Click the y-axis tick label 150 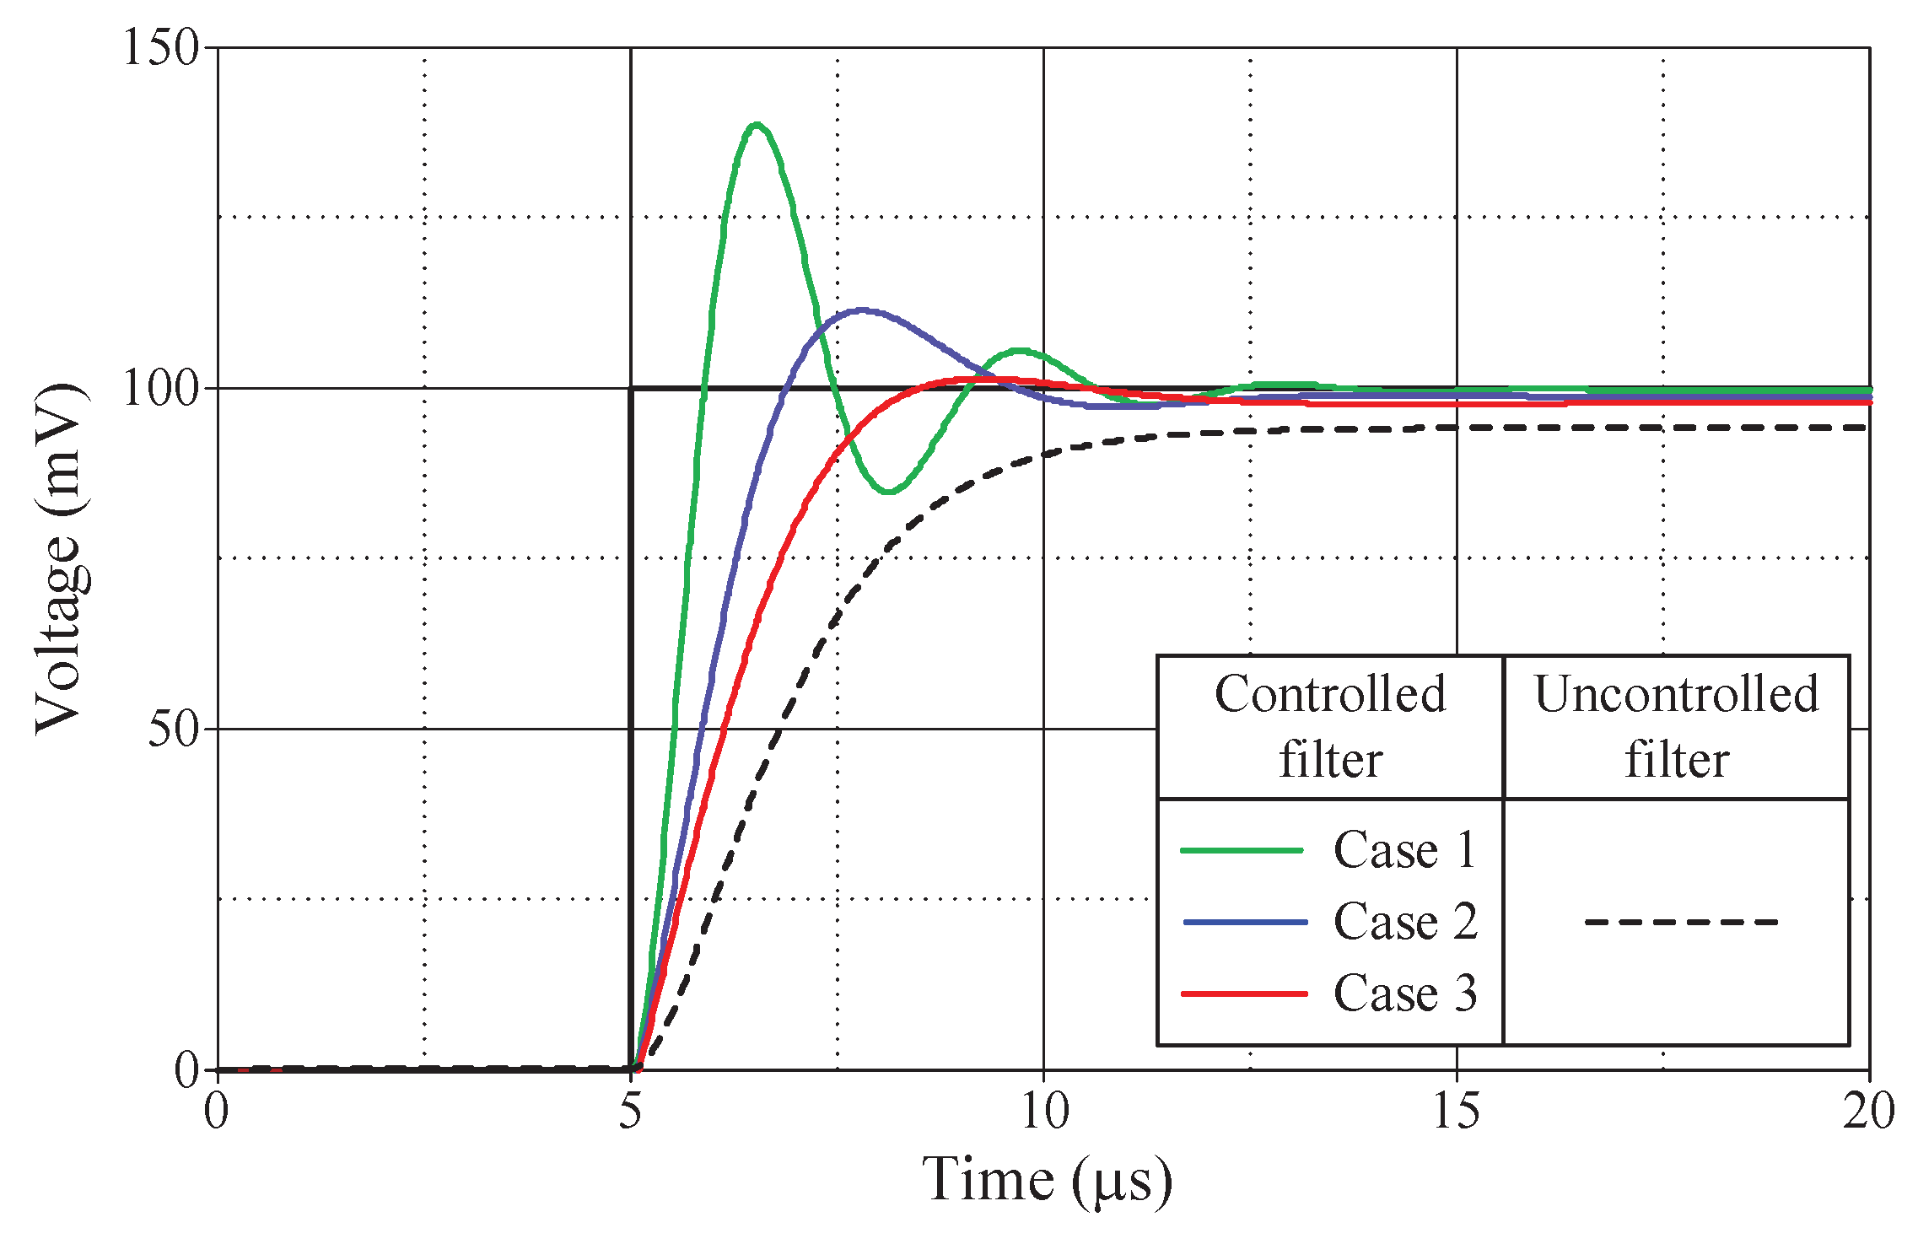(160, 48)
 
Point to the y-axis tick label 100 (160, 390)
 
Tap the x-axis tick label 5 (631, 1112)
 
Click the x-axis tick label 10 (1044, 1112)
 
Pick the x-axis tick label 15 (1457, 1112)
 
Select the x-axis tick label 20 (1869, 1112)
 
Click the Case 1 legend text (1405, 850)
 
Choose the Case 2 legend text (1405, 922)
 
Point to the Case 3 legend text (1405, 994)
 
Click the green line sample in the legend (1242, 850)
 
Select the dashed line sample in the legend (1681, 922)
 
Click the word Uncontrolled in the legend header (1676, 695)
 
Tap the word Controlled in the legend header (1330, 695)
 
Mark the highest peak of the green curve (757, 125)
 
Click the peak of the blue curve (860, 310)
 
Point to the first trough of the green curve (889, 492)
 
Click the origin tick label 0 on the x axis (217, 1112)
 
